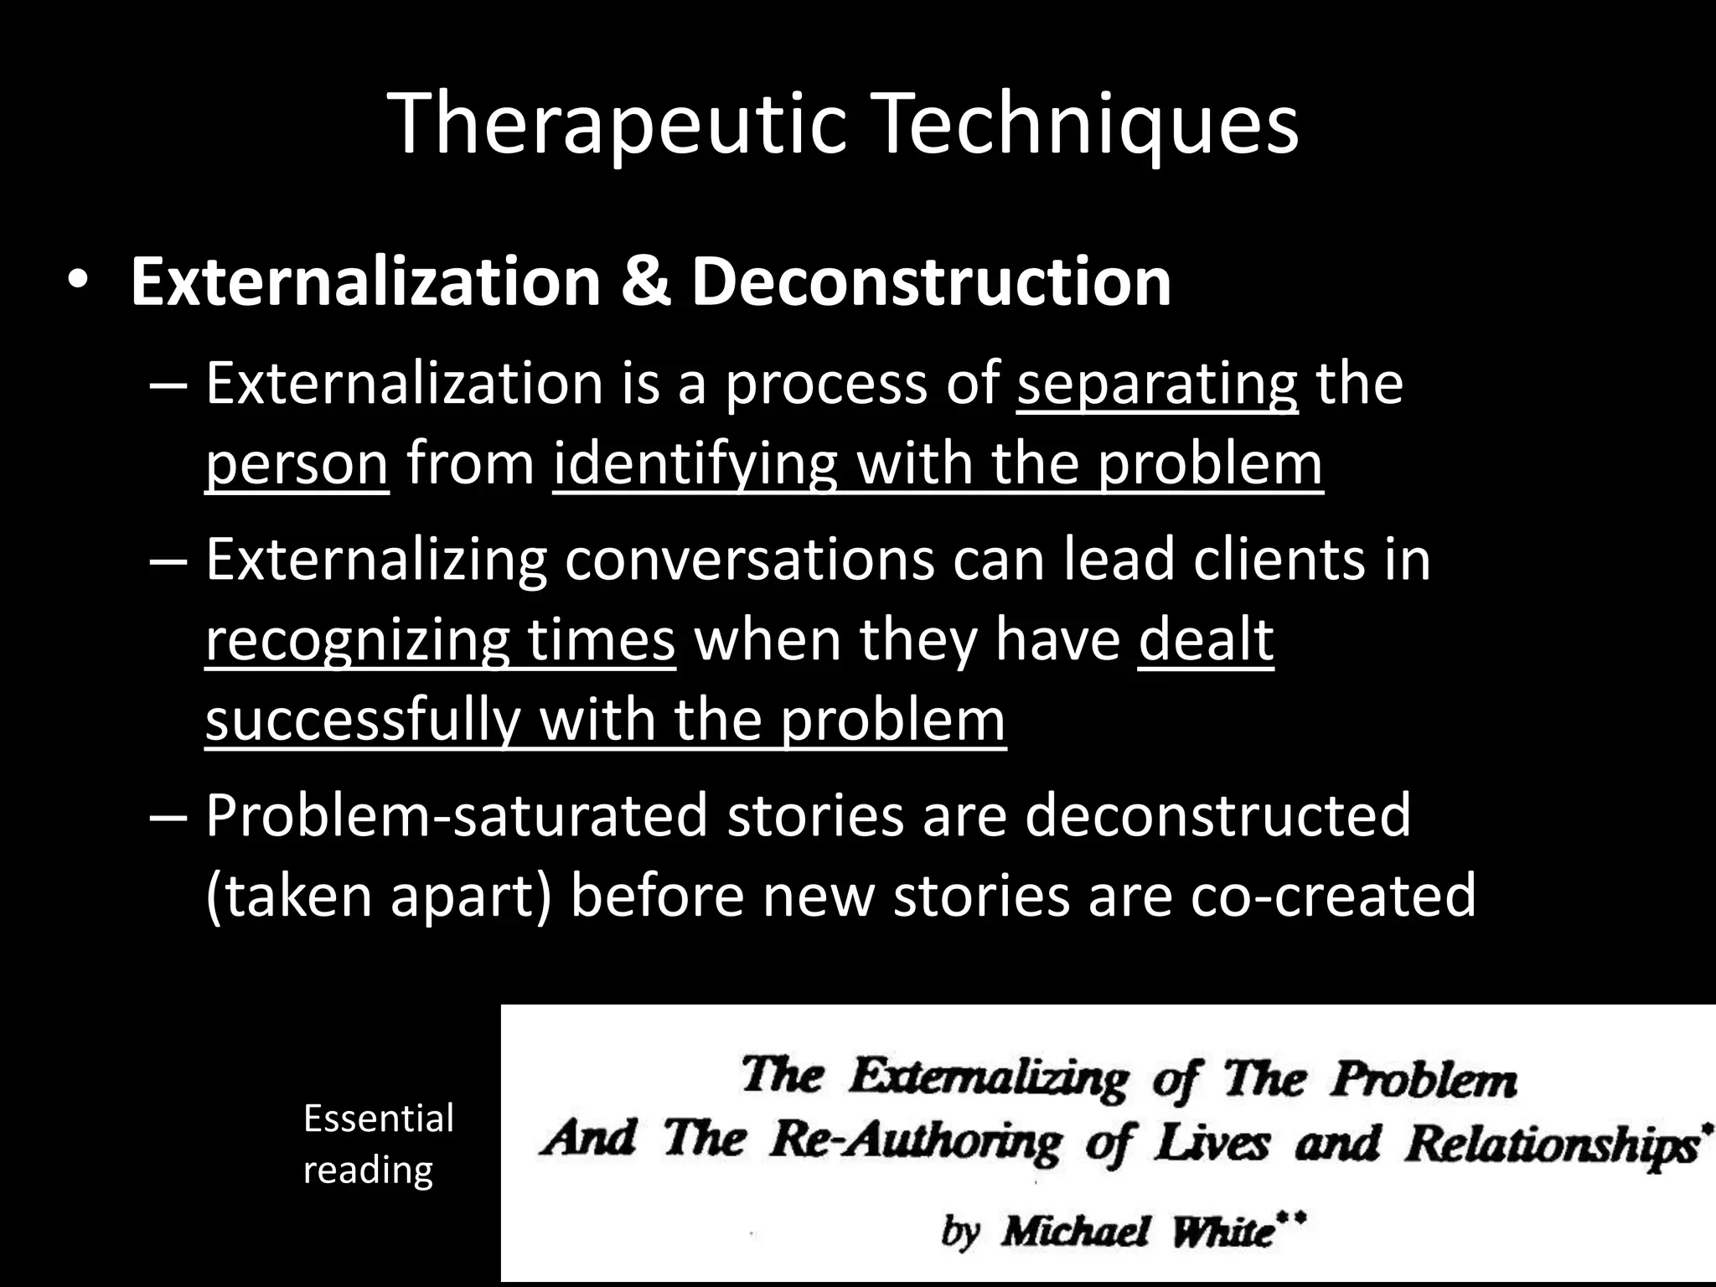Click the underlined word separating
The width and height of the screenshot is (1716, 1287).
tap(1157, 384)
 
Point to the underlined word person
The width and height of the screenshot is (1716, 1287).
tap(297, 464)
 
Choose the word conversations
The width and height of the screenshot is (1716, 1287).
tap(749, 559)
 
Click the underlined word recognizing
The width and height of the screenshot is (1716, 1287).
tap(357, 639)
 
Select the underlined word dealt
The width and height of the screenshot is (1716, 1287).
tap(1206, 639)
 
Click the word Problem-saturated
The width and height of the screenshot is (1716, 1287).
tap(457, 814)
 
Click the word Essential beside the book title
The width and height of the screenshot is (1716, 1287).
tap(378, 1119)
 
